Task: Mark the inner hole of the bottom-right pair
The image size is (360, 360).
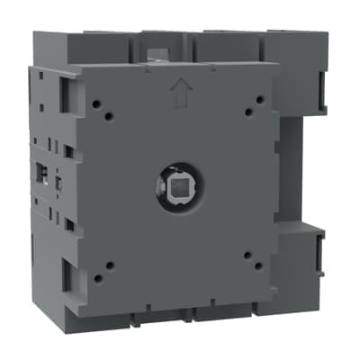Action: (247, 256)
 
